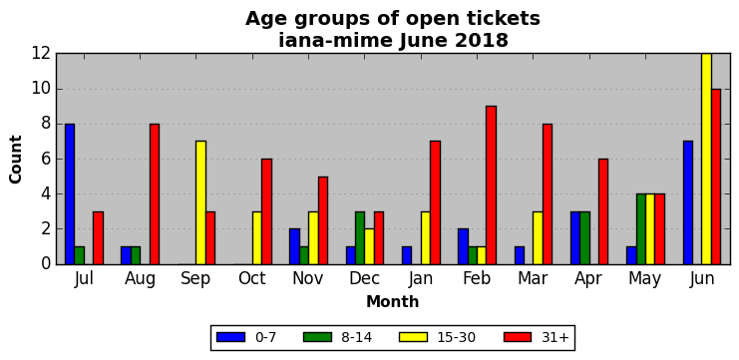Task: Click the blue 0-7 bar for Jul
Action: (70, 194)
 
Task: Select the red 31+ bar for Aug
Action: (155, 194)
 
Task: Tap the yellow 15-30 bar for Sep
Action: (200, 202)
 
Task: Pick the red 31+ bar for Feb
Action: (491, 185)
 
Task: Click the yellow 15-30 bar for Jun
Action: (706, 159)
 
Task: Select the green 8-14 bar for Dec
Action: (360, 238)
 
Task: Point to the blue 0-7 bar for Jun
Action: (688, 202)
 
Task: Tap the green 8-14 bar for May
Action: (641, 229)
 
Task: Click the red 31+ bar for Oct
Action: (266, 211)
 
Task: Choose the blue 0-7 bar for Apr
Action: (575, 238)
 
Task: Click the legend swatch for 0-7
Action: (231, 337)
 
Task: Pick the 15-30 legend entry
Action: (437, 337)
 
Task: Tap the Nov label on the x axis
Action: (308, 278)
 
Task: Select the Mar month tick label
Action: (533, 278)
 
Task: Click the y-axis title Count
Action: (16, 160)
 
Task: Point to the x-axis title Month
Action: (393, 301)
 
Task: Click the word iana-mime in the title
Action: (335, 41)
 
